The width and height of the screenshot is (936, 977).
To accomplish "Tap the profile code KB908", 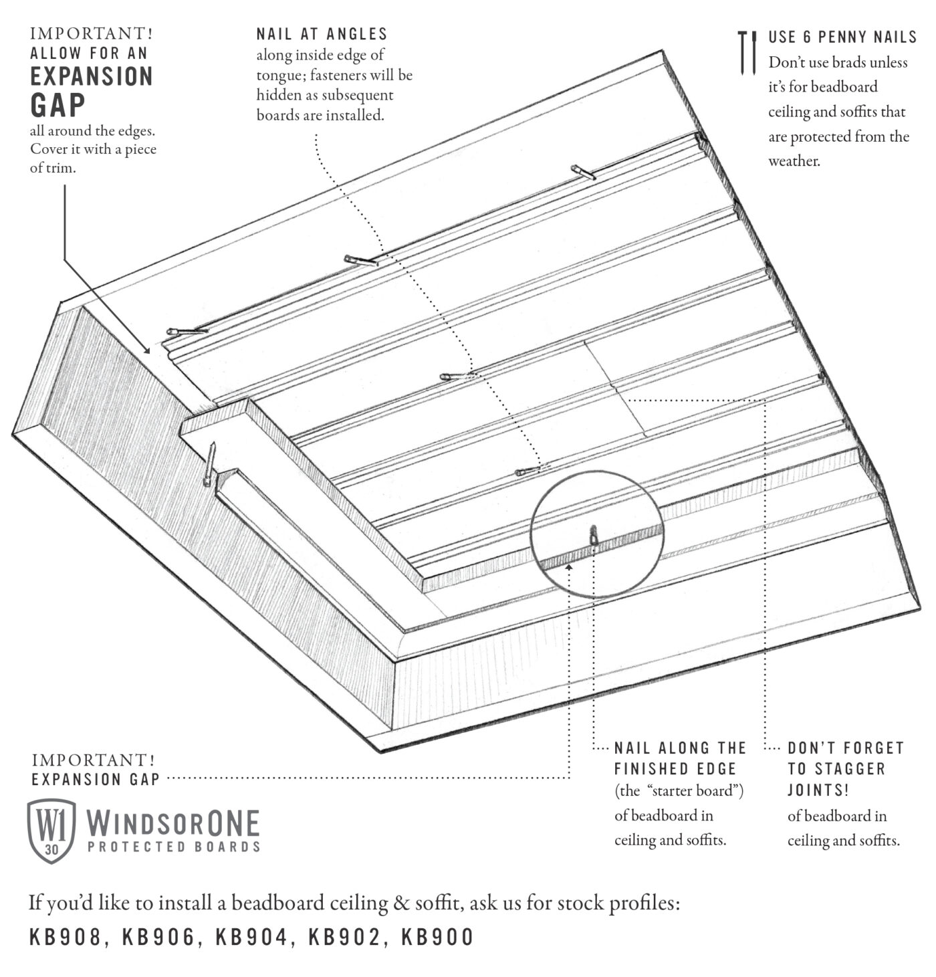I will [x=66, y=938].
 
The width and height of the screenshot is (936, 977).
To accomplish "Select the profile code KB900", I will [x=438, y=938].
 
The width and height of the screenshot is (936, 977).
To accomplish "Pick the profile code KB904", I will [x=252, y=938].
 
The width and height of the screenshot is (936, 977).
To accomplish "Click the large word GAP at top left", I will [x=58, y=105].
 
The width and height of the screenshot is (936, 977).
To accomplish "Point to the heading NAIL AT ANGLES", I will [x=322, y=33].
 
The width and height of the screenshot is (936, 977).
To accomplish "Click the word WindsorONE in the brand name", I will [x=173, y=823].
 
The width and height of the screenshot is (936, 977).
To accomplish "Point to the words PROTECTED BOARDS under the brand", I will [x=174, y=847].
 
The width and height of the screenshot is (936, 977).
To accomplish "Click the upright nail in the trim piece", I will [x=210, y=463].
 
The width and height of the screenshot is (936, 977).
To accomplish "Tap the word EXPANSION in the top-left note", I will [x=92, y=76].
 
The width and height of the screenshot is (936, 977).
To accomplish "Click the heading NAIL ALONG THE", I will [x=680, y=748].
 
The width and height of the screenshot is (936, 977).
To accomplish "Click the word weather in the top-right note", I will [x=794, y=161].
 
